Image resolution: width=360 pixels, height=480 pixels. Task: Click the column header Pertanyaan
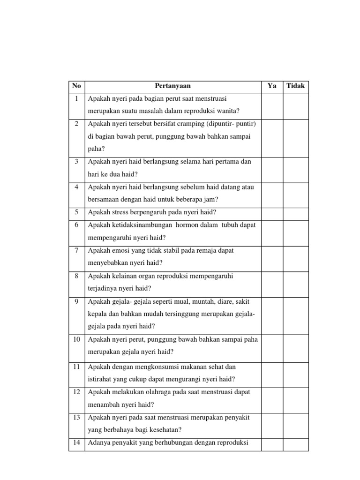pos(173,86)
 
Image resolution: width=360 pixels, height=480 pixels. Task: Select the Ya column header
pos(272,86)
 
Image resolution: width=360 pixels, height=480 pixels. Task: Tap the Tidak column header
pos(295,86)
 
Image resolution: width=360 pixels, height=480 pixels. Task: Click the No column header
pos(76,86)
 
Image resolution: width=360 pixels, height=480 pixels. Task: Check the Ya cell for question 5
pos(272,212)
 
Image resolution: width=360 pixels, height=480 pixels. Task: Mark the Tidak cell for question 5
pos(295,212)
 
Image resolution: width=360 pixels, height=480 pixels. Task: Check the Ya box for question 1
pos(272,106)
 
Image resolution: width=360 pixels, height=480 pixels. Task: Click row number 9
pos(76,301)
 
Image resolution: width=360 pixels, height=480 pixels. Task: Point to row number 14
pos(76,442)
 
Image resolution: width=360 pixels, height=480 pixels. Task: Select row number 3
pos(76,162)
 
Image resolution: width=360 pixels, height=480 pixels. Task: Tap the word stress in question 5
pos(118,212)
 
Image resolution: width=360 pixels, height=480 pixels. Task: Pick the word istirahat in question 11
pos(100,379)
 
